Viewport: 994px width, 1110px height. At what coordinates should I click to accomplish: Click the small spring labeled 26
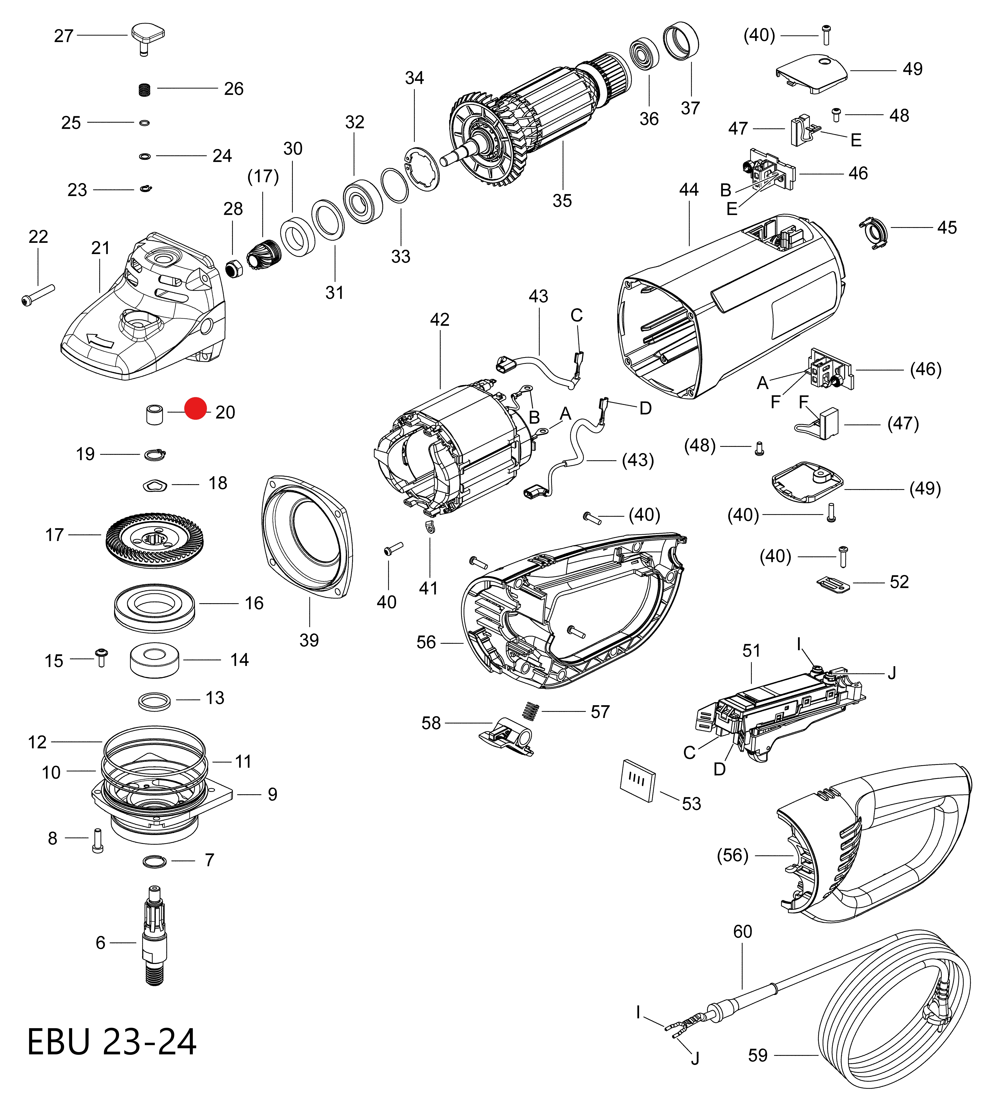pyautogui.click(x=144, y=89)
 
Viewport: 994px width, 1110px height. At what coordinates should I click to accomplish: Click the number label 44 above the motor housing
pyautogui.click(x=689, y=190)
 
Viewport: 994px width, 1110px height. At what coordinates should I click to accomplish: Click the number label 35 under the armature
pyautogui.click(x=562, y=201)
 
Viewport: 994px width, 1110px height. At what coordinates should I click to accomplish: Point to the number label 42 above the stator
pyautogui.click(x=440, y=320)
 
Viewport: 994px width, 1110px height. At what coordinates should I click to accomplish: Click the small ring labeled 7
pyautogui.click(x=155, y=861)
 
